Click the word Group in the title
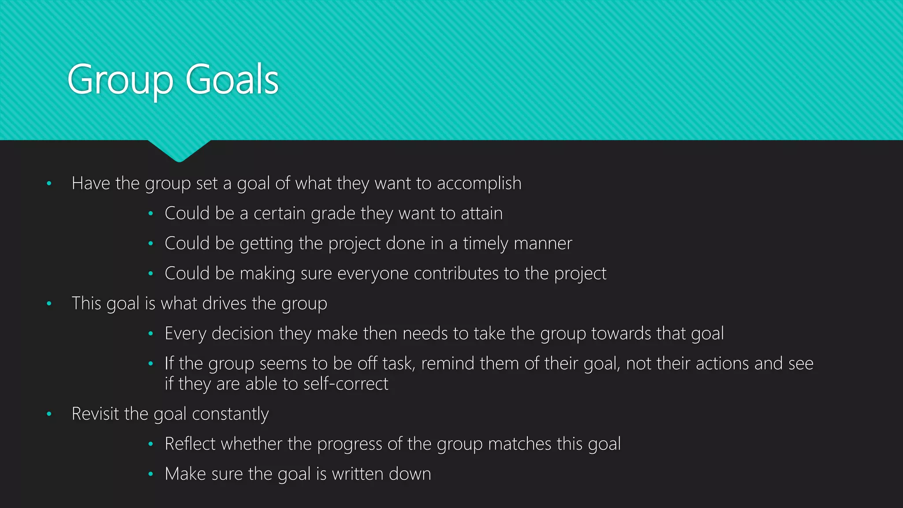120,80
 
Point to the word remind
448,364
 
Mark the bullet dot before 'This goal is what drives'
49,303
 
